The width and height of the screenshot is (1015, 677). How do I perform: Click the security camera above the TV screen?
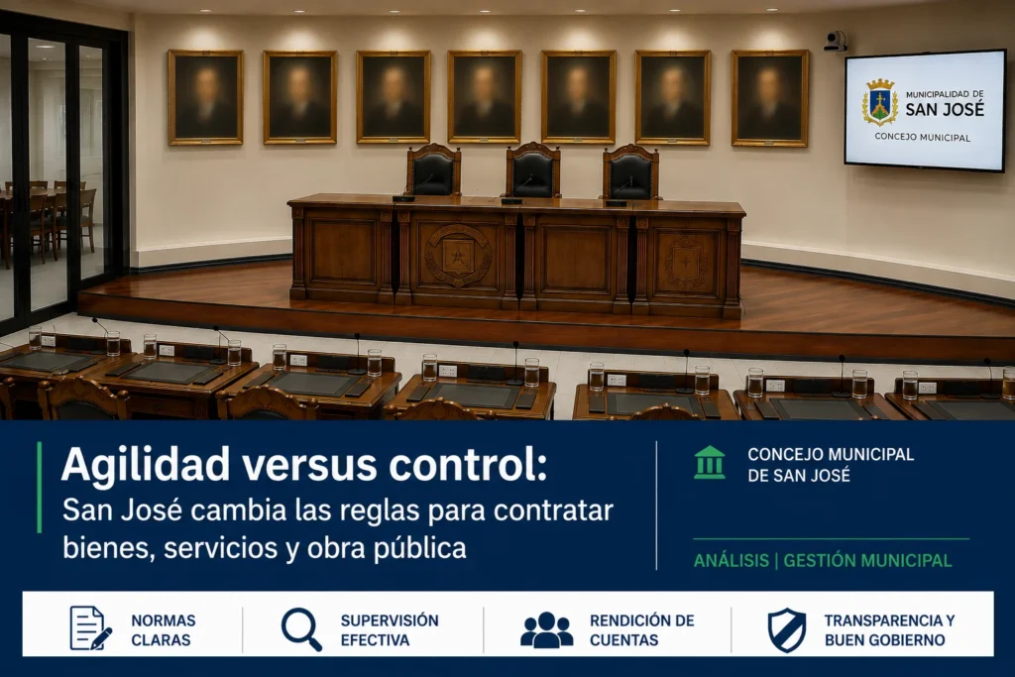(x=835, y=41)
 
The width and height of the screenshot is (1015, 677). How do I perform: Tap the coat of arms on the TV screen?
(x=880, y=102)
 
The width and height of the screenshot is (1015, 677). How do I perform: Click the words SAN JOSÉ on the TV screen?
(x=945, y=109)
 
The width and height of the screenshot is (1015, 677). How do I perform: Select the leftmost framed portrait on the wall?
(x=206, y=97)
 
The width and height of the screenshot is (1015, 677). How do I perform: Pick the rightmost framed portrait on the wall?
(x=769, y=98)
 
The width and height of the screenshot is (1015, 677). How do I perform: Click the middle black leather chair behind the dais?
(x=532, y=169)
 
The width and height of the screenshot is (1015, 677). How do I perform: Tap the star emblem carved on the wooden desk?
(x=458, y=255)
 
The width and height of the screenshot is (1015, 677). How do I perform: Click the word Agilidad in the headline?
(x=146, y=464)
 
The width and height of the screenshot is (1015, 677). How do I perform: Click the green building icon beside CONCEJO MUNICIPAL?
(x=710, y=462)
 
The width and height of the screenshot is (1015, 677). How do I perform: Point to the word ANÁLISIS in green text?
(x=732, y=560)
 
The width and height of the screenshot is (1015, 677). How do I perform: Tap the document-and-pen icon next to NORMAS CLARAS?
(x=90, y=627)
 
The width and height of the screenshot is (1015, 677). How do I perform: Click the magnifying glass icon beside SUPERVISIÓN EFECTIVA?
(x=301, y=629)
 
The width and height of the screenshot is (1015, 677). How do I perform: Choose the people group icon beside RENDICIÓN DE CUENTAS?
(x=546, y=629)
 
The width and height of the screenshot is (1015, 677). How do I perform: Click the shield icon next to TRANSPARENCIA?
(x=787, y=629)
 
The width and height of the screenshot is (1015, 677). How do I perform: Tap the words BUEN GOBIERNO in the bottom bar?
(x=885, y=640)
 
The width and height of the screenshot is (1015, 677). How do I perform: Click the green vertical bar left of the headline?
(x=40, y=487)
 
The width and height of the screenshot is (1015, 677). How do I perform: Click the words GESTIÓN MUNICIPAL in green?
(x=867, y=560)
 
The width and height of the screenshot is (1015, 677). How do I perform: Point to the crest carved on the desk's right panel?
(x=686, y=263)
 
